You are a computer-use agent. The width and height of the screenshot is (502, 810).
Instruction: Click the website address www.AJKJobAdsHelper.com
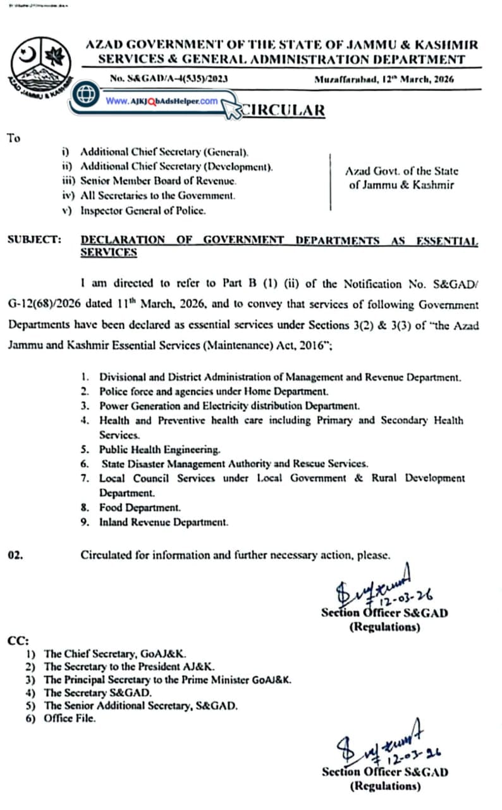161,101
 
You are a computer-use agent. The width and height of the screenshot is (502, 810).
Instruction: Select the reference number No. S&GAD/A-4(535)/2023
169,79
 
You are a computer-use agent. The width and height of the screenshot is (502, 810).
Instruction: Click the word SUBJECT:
34,240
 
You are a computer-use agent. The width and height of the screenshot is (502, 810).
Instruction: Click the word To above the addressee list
14,138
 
